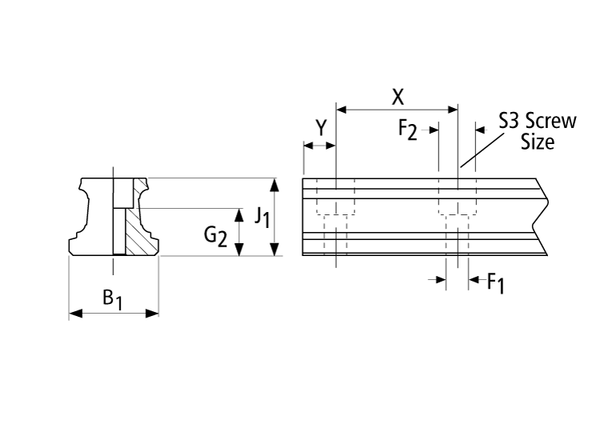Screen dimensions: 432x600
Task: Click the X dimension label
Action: pos(398,98)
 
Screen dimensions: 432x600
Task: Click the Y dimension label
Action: pos(321,128)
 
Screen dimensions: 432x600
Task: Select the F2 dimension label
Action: pos(408,129)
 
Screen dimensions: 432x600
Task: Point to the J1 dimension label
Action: pos(260,216)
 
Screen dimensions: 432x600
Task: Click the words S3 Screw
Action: pos(537,122)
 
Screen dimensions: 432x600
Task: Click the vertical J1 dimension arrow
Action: pos(275,217)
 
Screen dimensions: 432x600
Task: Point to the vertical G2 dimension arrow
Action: pos(238,232)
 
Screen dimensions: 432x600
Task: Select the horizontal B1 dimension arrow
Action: pos(114,314)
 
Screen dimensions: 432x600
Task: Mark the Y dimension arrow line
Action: pos(319,146)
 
